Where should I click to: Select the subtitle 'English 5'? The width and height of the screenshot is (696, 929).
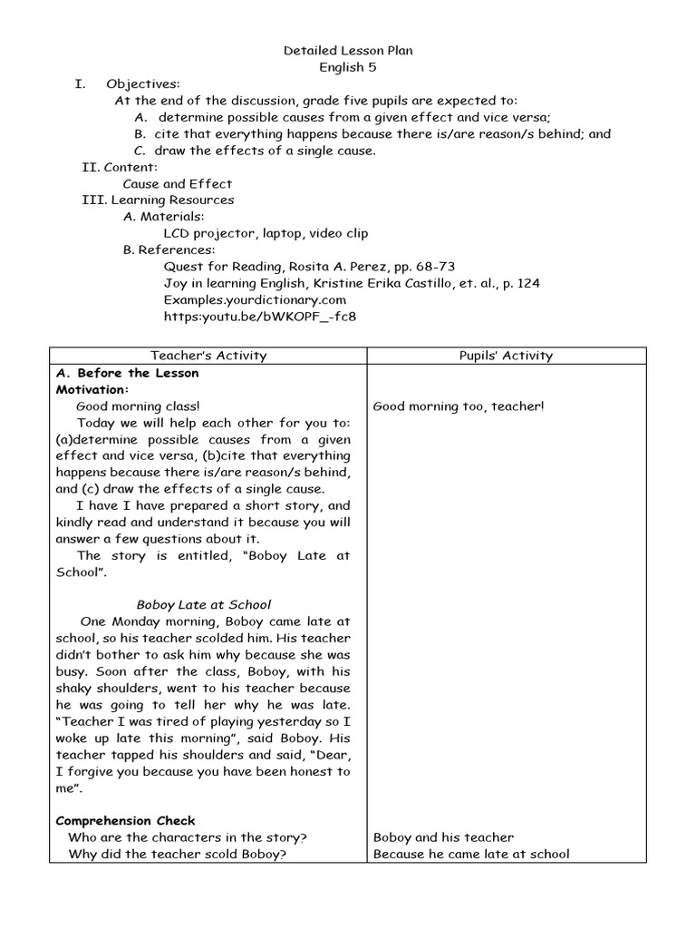click(348, 67)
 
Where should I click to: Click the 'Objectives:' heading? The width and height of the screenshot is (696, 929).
click(142, 84)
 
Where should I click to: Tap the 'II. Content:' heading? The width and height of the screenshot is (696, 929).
click(120, 167)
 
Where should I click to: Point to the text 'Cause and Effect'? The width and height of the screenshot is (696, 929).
click(177, 183)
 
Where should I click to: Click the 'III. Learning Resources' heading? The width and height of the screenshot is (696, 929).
click(158, 200)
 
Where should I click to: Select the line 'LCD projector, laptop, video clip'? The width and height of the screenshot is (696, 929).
click(266, 233)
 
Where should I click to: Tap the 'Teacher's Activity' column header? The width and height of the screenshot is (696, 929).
click(208, 356)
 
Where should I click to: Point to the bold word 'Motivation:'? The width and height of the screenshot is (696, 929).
click(92, 389)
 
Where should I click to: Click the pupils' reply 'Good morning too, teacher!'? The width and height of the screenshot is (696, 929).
click(459, 406)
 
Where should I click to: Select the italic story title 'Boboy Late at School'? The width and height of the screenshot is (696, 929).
click(203, 604)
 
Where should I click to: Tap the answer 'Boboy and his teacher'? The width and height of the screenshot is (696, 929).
click(443, 837)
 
